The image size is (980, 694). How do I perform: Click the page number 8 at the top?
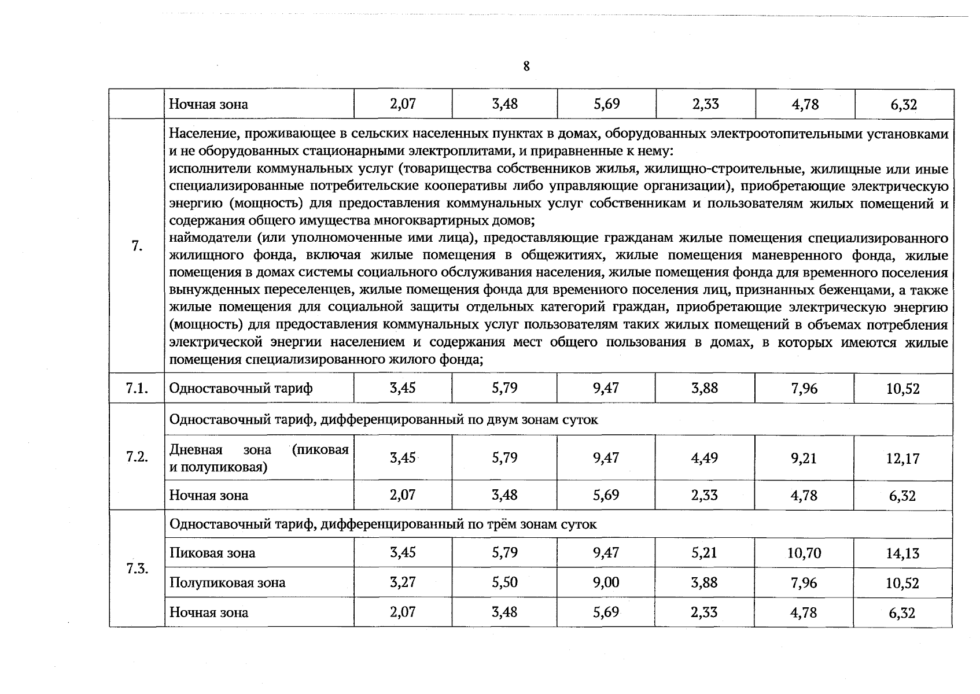[526, 67]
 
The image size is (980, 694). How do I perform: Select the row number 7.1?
[137, 388]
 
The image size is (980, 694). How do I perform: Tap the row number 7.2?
[137, 457]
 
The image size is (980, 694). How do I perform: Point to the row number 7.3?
[137, 568]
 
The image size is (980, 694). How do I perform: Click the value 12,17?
[902, 459]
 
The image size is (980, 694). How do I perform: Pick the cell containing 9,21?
[804, 458]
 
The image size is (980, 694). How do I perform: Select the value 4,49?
[705, 458]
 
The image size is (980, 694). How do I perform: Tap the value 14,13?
[902, 553]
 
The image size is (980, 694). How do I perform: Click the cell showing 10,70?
[804, 553]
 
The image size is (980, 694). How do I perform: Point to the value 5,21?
[705, 553]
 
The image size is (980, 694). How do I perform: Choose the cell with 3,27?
[403, 582]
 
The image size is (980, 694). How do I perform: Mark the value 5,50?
[504, 582]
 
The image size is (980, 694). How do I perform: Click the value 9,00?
[606, 582]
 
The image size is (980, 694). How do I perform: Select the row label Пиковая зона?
[212, 553]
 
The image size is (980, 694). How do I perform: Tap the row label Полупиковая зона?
[227, 582]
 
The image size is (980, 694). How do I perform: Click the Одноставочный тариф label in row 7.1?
[241, 388]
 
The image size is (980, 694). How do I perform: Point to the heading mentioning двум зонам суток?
[384, 419]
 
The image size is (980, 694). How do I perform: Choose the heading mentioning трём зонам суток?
[383, 524]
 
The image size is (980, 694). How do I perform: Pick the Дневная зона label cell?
[259, 458]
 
